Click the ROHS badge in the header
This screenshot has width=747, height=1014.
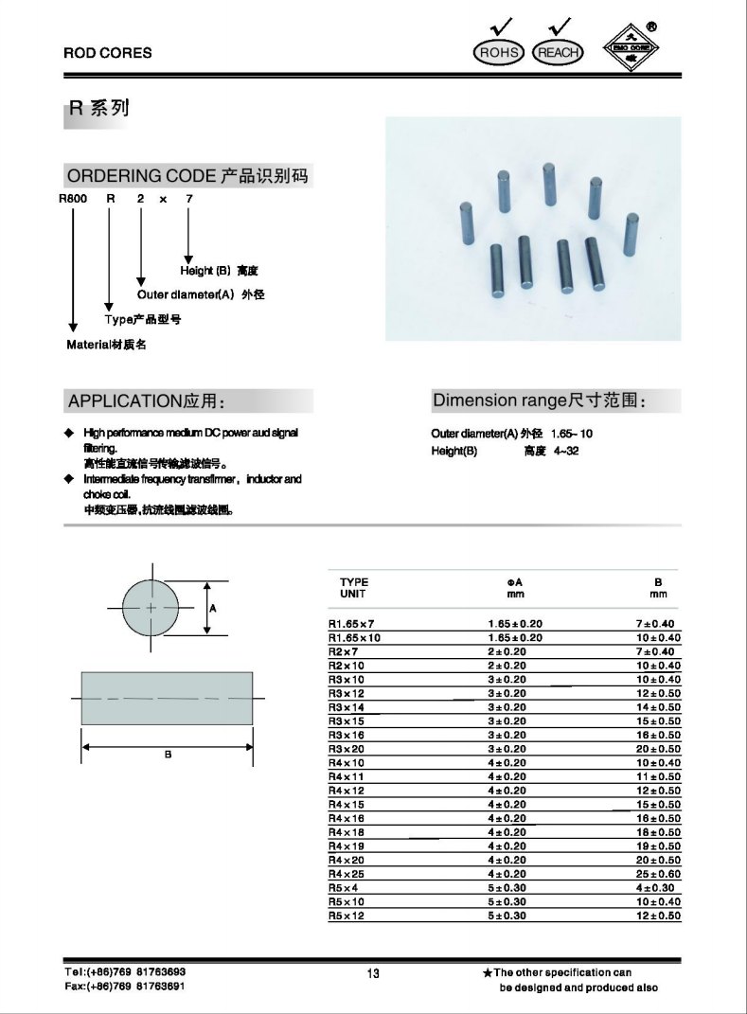(499, 52)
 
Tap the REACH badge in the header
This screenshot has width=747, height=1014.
(558, 52)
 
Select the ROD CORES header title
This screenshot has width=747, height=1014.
(107, 53)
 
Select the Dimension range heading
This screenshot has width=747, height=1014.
(539, 400)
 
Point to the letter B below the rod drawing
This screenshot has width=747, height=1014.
(168, 755)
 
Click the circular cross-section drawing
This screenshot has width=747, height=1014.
(151, 607)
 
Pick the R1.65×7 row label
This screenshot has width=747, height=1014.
(351, 624)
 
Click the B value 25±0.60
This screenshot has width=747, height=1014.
(658, 874)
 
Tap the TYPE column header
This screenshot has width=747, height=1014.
(354, 582)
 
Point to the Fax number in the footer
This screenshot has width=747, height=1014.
(124, 986)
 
